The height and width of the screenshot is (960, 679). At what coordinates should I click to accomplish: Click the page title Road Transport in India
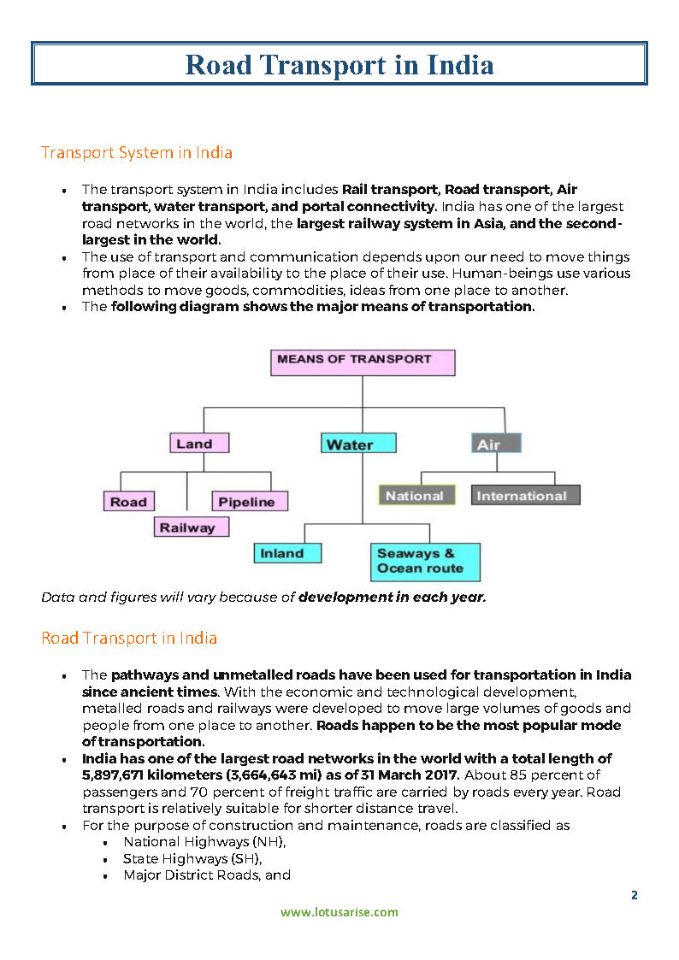(339, 65)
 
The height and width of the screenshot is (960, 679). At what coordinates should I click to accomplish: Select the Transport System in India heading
(137, 153)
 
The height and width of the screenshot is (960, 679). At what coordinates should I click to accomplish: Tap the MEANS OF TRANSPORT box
(363, 362)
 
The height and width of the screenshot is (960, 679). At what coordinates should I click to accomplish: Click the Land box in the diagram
(199, 444)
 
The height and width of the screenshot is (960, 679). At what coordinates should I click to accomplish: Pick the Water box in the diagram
(358, 444)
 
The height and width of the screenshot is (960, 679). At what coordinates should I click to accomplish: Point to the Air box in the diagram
(496, 444)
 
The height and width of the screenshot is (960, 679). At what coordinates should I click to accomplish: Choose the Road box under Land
(128, 502)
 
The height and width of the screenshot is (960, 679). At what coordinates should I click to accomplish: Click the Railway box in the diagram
(191, 527)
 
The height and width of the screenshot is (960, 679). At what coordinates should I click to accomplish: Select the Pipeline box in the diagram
(249, 502)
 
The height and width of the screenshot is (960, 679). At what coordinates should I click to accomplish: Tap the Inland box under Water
(287, 553)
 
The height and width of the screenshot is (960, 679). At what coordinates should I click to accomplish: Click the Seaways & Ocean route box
(424, 562)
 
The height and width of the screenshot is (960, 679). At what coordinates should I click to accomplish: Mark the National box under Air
(414, 496)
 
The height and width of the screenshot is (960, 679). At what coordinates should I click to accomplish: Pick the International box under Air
(525, 496)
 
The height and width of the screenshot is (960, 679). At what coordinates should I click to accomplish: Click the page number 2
(634, 895)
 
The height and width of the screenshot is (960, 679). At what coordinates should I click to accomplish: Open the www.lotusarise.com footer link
(339, 911)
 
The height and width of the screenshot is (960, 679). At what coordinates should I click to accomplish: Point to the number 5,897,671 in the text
(116, 775)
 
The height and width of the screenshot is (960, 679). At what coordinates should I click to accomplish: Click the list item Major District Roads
(193, 875)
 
